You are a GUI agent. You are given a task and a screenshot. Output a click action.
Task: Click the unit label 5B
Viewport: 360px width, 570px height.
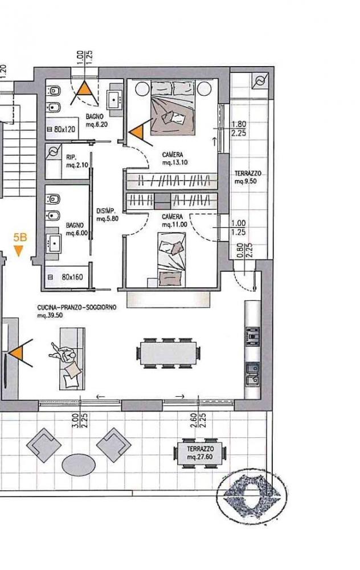pyautogui.click(x=20, y=237)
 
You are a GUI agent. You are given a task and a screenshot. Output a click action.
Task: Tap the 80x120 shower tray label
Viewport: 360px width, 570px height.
pyautogui.click(x=64, y=129)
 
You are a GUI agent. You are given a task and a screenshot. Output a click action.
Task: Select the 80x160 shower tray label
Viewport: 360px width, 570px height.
pyautogui.click(x=72, y=277)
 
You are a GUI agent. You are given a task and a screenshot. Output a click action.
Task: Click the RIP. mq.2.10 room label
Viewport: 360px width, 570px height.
pyautogui.click(x=77, y=161)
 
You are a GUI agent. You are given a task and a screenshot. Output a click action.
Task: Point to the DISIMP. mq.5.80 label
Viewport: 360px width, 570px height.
pyautogui.click(x=107, y=215)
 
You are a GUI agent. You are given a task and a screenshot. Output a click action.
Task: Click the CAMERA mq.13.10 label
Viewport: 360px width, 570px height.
pyautogui.click(x=175, y=159)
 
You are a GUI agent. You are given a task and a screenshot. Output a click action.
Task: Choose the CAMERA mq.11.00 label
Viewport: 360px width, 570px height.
pyautogui.click(x=174, y=221)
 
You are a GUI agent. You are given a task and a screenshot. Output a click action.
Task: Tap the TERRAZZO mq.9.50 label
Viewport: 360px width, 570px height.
pyautogui.click(x=247, y=177)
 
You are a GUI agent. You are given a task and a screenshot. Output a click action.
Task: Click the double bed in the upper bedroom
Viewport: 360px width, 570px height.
pyautogui.click(x=173, y=108)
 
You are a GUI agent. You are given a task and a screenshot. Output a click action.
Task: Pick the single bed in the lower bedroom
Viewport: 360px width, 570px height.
pyautogui.click(x=171, y=259)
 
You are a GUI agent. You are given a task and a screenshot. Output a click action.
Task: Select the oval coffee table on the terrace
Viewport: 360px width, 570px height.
pyautogui.click(x=79, y=464)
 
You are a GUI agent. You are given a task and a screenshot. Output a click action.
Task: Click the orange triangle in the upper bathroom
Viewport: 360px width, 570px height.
pyautogui.click(x=84, y=89)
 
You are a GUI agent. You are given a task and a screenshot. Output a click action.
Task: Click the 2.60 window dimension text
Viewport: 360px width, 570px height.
pyautogui.click(x=194, y=420)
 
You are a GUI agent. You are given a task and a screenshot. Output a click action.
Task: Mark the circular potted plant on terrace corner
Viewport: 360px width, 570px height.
pyautogui.click(x=252, y=494)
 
